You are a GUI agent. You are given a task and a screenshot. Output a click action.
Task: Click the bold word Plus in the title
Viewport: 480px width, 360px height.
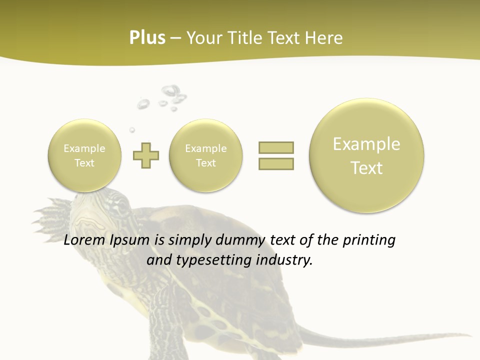click(147, 38)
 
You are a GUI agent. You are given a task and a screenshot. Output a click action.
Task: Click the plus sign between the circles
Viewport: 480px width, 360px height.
click(146, 155)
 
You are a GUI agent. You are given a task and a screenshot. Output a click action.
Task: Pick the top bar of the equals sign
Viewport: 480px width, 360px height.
click(276, 147)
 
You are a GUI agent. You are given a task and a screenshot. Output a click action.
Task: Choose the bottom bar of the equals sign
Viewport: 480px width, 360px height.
click(276, 163)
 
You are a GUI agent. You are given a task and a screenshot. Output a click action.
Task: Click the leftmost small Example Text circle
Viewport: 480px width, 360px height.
click(84, 155)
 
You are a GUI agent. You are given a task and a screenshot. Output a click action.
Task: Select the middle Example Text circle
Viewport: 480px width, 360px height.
click(206, 155)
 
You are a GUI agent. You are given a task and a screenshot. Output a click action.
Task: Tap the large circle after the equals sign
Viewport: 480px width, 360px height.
click(366, 155)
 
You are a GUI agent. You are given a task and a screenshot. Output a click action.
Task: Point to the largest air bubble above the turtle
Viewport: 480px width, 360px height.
click(170, 91)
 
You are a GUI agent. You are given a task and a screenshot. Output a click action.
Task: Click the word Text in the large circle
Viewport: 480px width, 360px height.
click(366, 168)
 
